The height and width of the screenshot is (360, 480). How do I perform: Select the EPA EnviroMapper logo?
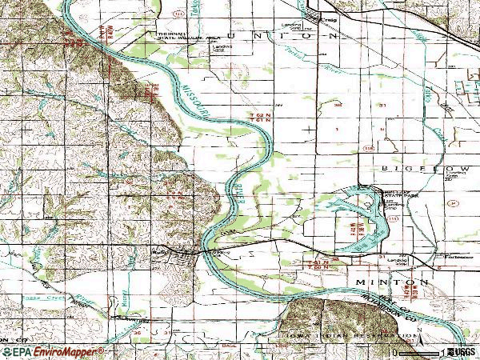52,351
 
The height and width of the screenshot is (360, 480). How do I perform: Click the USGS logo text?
461,351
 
